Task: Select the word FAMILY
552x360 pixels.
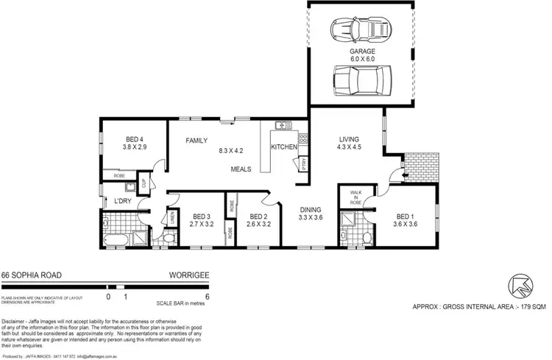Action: [197, 141]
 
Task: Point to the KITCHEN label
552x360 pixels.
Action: [284, 147]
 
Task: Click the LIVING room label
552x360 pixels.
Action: [349, 140]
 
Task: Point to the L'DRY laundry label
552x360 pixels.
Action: [122, 201]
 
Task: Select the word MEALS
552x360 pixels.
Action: [241, 169]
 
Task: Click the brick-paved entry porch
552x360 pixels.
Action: [420, 170]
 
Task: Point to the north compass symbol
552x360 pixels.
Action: [520, 285]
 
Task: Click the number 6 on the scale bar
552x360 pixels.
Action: [208, 297]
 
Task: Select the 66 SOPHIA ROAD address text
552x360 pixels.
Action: [31, 275]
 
